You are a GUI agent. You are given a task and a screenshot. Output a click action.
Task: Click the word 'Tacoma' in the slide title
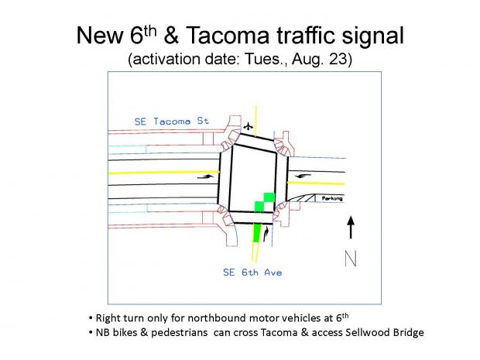coord(228,35)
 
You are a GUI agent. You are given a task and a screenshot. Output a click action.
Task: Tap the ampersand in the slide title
coord(171,35)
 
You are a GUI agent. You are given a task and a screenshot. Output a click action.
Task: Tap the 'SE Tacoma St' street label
coord(172,122)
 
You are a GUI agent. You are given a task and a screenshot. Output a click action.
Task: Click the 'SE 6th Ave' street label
coord(252,273)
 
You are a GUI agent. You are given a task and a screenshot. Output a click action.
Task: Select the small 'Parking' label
coord(332,198)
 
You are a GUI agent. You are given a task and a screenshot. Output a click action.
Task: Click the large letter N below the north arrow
coord(351,259)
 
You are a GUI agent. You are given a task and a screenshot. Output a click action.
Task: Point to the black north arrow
coord(351,227)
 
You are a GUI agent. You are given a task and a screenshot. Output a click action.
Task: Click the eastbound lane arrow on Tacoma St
coord(205,177)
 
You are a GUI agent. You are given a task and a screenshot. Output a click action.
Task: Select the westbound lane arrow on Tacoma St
coord(303,176)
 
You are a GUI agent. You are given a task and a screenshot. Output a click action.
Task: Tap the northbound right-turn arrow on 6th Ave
coord(266,234)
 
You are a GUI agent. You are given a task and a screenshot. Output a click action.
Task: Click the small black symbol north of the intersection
coord(248,126)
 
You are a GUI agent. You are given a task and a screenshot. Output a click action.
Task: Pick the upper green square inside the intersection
coord(269,197)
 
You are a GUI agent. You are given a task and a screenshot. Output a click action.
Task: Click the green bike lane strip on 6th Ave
coord(256,233)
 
